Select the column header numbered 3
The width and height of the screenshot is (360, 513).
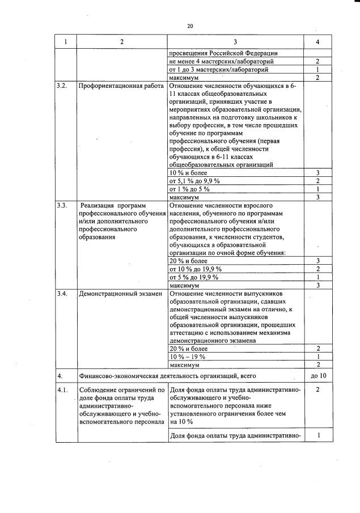(x=235, y=42)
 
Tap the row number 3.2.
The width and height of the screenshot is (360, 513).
(x=62, y=86)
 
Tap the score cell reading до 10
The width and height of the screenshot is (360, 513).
(x=318, y=375)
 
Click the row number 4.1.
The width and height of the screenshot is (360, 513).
(x=62, y=391)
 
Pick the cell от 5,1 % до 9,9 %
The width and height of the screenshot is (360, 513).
(x=194, y=180)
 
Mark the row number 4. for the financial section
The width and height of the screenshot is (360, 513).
(x=60, y=375)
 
